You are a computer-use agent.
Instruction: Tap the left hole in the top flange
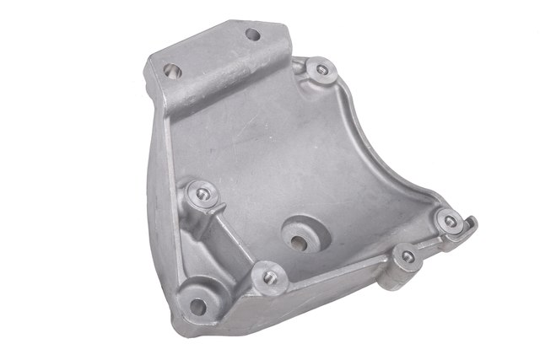[174, 67]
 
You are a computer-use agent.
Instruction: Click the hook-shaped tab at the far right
[471, 227]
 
